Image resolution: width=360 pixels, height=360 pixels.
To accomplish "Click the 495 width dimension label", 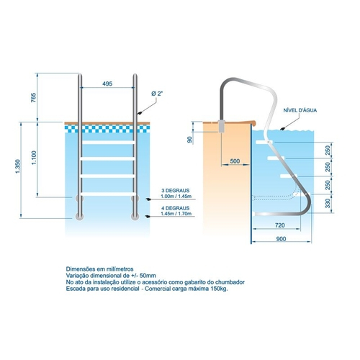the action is (x=107, y=84).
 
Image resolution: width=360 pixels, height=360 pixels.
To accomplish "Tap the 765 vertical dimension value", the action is (x=33, y=98).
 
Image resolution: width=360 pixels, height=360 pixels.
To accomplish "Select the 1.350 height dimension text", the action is (x=18, y=166).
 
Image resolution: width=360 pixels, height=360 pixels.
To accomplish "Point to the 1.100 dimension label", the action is (x=34, y=158).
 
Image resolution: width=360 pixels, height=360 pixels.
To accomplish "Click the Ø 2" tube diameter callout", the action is (x=157, y=94).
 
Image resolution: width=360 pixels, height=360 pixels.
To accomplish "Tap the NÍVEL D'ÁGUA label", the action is (x=300, y=110).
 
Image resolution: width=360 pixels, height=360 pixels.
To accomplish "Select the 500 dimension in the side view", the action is (x=235, y=161).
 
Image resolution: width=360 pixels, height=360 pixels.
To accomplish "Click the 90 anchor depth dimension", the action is (x=189, y=140).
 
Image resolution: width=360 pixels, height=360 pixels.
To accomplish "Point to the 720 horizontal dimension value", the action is (x=280, y=225).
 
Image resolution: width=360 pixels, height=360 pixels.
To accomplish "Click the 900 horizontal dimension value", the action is (x=281, y=239).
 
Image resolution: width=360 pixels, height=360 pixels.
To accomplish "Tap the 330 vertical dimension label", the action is (x=328, y=204).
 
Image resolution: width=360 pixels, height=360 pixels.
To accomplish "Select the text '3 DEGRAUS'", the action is (x=176, y=191).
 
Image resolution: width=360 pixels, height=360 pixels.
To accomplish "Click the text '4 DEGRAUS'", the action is (x=176, y=208).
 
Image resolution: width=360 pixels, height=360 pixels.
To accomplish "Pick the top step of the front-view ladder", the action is (x=108, y=143).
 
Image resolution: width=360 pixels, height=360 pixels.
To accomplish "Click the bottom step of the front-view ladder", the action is (x=108, y=194).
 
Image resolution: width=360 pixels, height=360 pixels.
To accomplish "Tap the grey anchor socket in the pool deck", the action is (x=221, y=126).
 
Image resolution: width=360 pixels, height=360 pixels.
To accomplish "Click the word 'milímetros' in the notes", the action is (x=121, y=269).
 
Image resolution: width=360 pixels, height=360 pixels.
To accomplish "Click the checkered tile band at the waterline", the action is (x=107, y=129).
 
